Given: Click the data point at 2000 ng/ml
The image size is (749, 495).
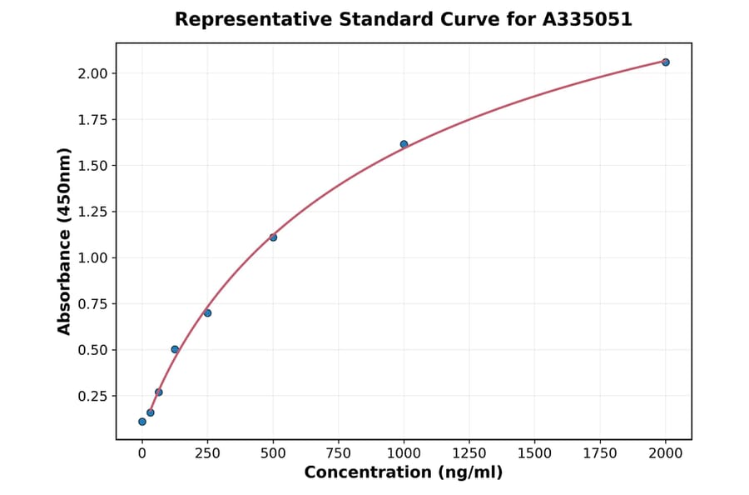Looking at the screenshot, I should point(665,62).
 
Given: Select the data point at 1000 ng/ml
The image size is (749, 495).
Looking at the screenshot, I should point(404,144).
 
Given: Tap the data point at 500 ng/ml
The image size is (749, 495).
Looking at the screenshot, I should point(273,237).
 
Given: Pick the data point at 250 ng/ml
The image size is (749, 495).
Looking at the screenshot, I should point(207,313).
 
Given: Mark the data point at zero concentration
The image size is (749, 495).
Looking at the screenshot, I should point(142,422).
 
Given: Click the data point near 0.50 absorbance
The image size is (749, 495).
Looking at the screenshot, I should point(175,349).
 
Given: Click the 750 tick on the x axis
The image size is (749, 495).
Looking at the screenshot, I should point(339,453).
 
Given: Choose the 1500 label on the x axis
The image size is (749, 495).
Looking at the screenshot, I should point(534,453).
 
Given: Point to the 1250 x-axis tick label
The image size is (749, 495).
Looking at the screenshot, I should point(469,453).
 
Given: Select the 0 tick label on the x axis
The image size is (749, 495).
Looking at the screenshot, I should point(142,453).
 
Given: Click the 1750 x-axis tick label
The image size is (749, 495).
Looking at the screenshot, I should point(600,453).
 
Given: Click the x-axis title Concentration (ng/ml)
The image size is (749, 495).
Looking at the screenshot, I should point(404,473).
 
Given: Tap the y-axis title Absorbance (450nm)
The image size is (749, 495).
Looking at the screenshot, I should point(64,241).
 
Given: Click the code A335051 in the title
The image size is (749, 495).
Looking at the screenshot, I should point(588,19).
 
